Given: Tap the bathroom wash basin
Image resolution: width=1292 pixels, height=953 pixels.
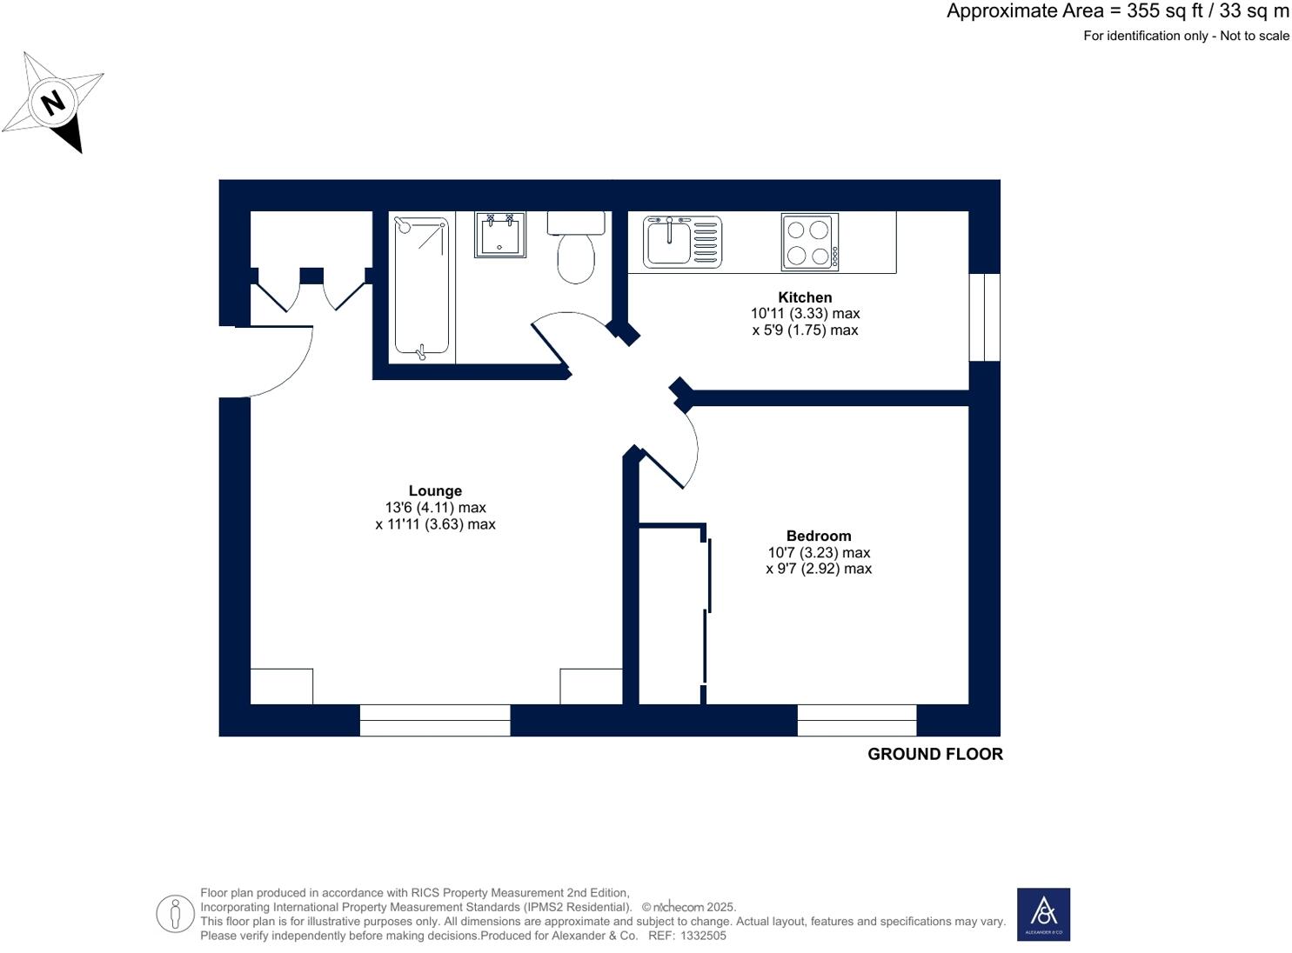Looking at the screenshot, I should click(499, 235).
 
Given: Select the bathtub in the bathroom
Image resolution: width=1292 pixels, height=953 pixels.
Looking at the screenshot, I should click(422, 287).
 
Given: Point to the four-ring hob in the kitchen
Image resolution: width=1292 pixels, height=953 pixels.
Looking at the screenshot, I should click(809, 242).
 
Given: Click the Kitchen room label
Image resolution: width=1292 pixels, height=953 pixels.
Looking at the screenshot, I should click(805, 297).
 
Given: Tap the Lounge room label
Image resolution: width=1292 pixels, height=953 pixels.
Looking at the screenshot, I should click(435, 491).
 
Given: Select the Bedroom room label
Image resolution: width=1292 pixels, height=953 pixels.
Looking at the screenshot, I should click(818, 536).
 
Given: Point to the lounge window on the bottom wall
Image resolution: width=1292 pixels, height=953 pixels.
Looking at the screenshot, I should click(434, 720).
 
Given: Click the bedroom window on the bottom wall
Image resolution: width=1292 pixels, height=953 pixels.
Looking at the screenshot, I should click(856, 720).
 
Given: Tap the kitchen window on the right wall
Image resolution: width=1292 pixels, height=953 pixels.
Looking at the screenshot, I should click(984, 317).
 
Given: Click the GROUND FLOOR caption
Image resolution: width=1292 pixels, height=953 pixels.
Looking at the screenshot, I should click(934, 755).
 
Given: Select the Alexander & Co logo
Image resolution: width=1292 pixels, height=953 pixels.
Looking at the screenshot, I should click(1043, 914).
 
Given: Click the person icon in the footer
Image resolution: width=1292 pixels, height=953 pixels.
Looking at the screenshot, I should click(175, 914).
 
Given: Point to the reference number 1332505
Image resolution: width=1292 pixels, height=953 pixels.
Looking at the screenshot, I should click(703, 936).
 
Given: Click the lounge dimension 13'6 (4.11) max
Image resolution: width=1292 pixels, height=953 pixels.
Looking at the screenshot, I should click(435, 508).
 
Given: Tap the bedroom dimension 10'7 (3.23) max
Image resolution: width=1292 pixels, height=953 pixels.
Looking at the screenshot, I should click(818, 553).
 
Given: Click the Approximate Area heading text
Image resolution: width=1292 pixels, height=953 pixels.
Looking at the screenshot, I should click(1117, 11).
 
